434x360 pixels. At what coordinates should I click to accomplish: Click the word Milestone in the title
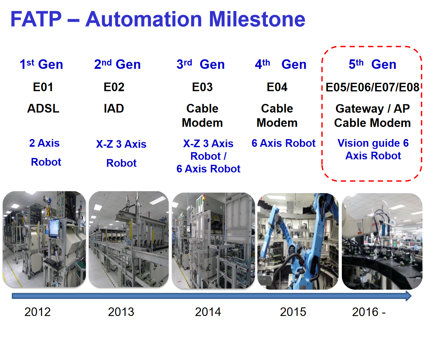257,19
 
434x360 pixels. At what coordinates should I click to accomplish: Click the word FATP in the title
36,19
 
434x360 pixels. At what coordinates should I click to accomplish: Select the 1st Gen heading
41,64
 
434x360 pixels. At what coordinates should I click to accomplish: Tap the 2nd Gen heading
117,64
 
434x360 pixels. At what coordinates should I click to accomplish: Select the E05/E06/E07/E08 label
372,87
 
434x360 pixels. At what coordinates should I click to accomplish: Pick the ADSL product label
43,108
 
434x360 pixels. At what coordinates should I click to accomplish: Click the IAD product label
114,108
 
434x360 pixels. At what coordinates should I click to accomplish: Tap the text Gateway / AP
373,109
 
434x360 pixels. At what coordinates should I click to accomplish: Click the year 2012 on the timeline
37,312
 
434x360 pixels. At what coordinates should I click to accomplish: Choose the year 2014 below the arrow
208,312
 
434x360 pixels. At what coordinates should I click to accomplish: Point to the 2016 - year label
369,312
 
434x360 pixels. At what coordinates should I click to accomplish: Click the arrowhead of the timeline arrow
409,296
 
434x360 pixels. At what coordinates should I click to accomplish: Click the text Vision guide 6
373,143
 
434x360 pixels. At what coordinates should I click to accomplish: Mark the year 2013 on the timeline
121,312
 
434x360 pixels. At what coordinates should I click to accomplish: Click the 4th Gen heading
281,64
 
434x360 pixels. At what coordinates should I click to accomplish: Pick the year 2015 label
293,312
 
